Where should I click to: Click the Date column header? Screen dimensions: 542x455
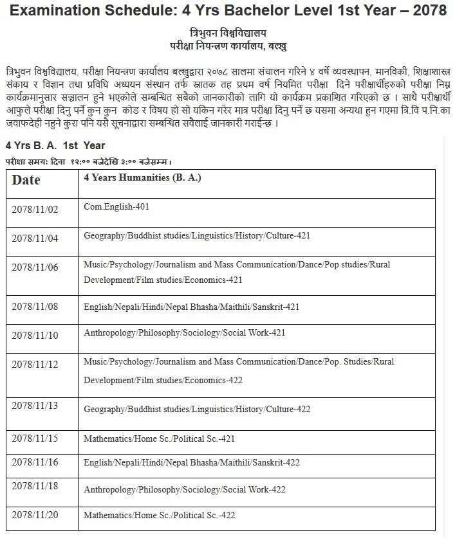pos(26,180)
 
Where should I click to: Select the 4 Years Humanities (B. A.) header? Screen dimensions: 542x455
pos(142,177)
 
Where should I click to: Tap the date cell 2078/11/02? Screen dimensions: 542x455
pos(35,209)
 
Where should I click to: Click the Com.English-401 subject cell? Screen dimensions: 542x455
pos(116,206)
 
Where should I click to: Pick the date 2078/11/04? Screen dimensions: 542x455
pos(35,238)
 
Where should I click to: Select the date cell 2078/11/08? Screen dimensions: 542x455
pos(35,306)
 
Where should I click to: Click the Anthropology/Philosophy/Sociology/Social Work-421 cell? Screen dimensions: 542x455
pos(184,332)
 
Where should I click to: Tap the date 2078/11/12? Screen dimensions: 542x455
pos(35,365)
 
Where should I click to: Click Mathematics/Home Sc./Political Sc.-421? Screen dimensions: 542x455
pos(159,438)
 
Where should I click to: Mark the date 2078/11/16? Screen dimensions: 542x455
pos(35,462)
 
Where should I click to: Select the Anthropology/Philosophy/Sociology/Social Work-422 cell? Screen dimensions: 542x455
pos(184,489)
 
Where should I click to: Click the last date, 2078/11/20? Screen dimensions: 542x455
pos(35,515)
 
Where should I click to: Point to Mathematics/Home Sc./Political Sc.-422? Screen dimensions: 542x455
pos(159,514)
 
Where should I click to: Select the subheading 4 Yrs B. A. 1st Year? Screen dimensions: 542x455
pos(55,145)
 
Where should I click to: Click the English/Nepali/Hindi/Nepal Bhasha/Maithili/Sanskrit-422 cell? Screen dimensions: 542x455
pos(192,462)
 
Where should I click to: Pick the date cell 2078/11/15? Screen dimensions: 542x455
pos(35,439)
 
